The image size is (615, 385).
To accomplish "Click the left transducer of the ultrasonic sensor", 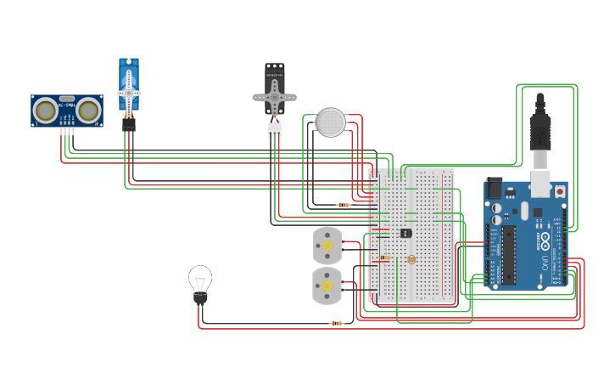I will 45,110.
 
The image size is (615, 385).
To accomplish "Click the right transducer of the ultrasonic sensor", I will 88,110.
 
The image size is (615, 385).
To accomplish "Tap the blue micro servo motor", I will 129,88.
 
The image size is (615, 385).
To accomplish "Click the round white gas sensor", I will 331,122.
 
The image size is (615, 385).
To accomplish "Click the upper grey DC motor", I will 327,245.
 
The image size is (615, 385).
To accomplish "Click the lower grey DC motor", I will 327,286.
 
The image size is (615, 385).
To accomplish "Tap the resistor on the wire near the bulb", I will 337,323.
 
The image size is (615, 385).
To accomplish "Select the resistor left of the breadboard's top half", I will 343,205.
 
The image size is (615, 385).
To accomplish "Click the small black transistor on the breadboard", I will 405,232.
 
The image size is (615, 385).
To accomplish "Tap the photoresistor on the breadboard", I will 411,259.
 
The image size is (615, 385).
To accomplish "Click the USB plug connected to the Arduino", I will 540,136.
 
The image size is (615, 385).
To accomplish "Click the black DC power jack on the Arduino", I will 494,188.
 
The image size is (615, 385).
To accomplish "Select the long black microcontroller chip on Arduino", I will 509,254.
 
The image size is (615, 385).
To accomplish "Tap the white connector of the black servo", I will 274,130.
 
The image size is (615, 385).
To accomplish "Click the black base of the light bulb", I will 200,297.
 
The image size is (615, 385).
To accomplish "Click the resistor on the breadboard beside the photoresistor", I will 385,257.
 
